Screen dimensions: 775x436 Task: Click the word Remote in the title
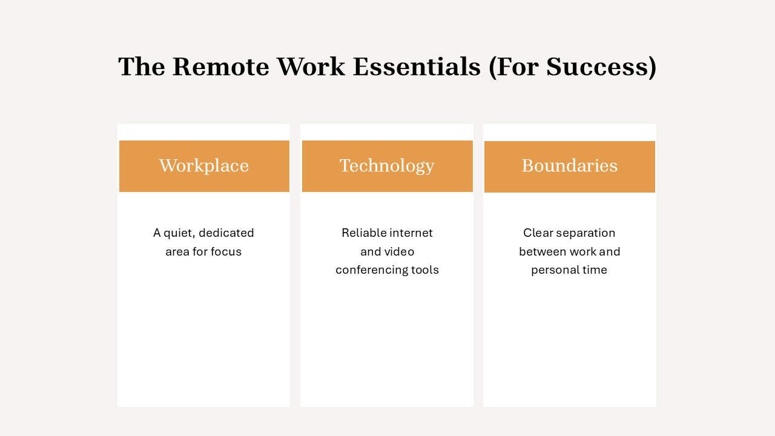coord(221,67)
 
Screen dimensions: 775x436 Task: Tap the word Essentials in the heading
coord(417,67)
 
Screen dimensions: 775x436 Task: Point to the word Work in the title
coord(311,67)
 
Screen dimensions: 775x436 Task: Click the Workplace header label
coord(204,166)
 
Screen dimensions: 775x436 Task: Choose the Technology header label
coord(387,166)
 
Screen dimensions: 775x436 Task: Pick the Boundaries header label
coord(570,165)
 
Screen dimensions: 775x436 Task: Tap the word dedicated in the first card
coord(226,233)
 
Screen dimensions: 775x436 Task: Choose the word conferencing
coord(372,270)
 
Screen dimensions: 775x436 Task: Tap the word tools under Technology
coord(425,270)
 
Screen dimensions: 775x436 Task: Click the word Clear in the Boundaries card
coord(535,233)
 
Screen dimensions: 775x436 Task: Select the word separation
coord(582,233)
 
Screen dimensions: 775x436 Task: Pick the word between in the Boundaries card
coord(542,251)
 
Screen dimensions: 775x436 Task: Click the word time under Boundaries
coord(595,270)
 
